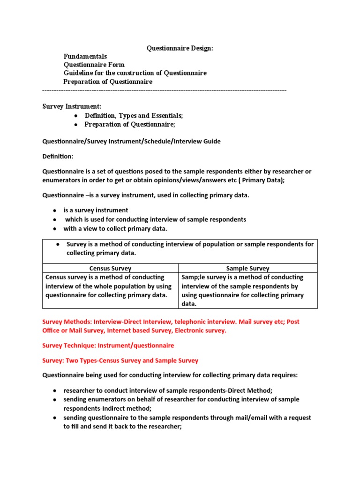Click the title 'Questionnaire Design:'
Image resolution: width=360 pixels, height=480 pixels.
180,48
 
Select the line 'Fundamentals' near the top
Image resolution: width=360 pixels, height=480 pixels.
85,56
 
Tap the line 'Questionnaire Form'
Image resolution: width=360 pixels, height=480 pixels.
94,65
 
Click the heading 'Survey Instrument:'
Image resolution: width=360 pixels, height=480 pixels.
72,107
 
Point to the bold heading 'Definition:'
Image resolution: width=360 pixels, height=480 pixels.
58,156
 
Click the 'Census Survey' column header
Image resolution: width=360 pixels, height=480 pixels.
110,269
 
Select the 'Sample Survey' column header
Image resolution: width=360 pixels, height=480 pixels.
247,269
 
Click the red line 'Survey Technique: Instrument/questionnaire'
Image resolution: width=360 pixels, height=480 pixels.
108,345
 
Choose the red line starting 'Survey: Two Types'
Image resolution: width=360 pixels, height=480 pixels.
120,360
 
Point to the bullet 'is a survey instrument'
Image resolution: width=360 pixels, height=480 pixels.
96,210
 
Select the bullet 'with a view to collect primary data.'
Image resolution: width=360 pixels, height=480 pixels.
115,229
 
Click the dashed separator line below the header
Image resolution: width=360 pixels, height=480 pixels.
164,90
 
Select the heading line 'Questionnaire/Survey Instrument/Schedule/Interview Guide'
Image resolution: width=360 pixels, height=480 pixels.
132,141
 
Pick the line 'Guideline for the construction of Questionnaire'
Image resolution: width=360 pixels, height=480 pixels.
135,73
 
